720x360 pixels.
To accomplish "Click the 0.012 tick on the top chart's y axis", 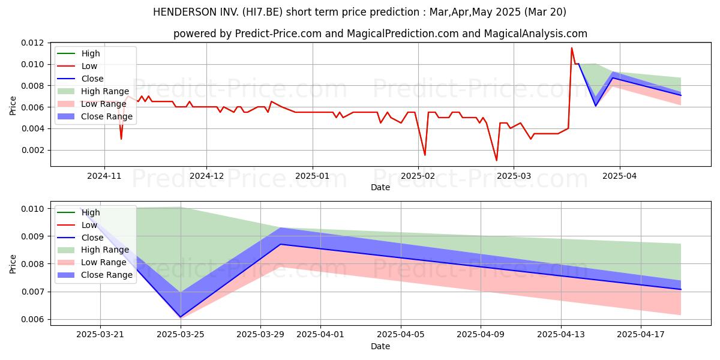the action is coord(32,43).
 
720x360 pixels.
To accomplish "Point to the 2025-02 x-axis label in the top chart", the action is coord(418,176).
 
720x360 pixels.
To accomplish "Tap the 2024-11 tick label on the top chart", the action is coord(104,176).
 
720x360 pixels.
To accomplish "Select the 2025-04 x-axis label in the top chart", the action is coord(619,176).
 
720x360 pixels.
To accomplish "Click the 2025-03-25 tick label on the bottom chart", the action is coord(181,335).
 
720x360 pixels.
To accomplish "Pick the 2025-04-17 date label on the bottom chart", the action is coord(641,335).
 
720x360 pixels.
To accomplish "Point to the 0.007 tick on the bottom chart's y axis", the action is coord(32,292).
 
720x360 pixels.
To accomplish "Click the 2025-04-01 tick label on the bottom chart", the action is coord(320,335).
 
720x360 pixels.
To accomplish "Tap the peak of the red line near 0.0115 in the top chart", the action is coord(571,48).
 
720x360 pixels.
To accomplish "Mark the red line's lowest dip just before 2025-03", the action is coord(497,160).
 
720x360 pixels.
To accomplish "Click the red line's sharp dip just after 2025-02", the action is coord(425,155).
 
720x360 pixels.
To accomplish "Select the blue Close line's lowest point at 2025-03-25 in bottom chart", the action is coord(181,317).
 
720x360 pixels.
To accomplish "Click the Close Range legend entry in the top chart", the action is coord(95,116).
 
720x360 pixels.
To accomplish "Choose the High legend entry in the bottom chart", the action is coord(79,212).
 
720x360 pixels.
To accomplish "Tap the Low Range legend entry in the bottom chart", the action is coord(92,262).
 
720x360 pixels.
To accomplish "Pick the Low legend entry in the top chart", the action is coord(77,66).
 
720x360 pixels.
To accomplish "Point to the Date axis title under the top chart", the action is coord(380,187).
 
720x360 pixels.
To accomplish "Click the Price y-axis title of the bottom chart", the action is coord(13,264).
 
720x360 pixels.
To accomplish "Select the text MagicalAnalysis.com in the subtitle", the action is coord(535,34).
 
